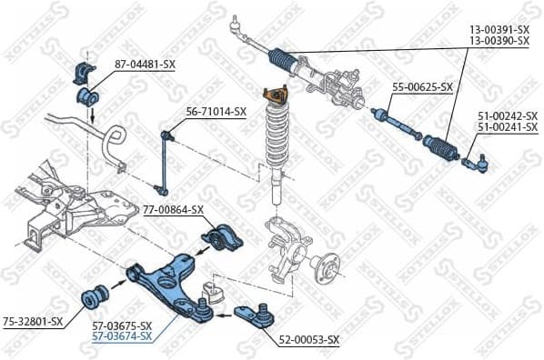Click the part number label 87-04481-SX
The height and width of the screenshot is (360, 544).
point(146,65)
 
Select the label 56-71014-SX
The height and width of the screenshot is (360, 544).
point(217,112)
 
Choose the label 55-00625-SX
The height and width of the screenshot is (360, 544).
point(422,87)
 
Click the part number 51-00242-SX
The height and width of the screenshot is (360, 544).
point(507,116)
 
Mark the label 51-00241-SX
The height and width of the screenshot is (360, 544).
point(507,127)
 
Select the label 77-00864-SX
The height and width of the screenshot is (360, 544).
point(173,210)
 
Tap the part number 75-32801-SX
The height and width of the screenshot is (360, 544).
point(33,321)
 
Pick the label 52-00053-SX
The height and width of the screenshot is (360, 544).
point(308,340)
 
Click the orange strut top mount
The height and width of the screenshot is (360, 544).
point(271,95)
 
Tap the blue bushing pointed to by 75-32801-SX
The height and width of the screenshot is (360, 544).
point(96,295)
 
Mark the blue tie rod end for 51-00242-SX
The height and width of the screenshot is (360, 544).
point(479,163)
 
